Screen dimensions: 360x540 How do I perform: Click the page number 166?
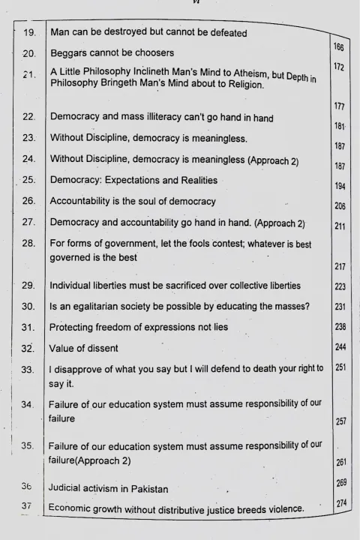337,47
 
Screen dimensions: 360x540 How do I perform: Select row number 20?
29,54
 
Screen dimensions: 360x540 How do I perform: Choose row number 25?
29,180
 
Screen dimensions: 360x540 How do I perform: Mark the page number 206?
339,206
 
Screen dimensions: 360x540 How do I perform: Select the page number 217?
340,267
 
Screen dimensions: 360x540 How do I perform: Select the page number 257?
340,421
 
